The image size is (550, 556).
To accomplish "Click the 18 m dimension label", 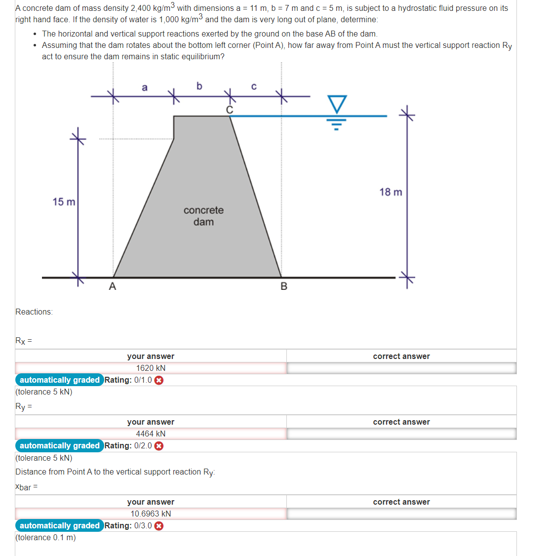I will coord(391,192).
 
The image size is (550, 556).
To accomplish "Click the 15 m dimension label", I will coord(64,202).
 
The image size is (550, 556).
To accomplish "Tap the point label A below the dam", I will coord(113,286).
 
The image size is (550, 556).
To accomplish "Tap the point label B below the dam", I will coord(283,286).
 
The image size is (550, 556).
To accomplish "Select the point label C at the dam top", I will coord(229,110).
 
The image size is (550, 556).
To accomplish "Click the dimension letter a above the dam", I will coord(144,88).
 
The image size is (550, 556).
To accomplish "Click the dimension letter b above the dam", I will coord(199,86).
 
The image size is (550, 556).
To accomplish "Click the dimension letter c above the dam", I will coord(254,87).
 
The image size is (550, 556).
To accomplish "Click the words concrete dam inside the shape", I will coord(203,216).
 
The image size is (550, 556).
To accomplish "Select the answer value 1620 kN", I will coord(151,368).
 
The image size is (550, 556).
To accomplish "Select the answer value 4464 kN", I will coord(151,434).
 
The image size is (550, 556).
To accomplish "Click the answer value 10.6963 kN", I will coord(151,514).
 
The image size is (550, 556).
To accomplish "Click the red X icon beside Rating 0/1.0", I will coord(159,380).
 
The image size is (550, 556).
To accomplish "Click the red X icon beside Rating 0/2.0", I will coord(159,446).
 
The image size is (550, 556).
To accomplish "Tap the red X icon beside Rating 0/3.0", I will coord(159,526).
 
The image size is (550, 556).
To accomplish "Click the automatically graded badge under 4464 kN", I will coord(59,446).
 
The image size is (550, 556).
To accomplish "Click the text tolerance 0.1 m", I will coord(45,537).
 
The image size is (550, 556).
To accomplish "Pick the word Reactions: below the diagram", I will coord(34,312).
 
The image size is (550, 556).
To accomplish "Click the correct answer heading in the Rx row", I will coord(401,356).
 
